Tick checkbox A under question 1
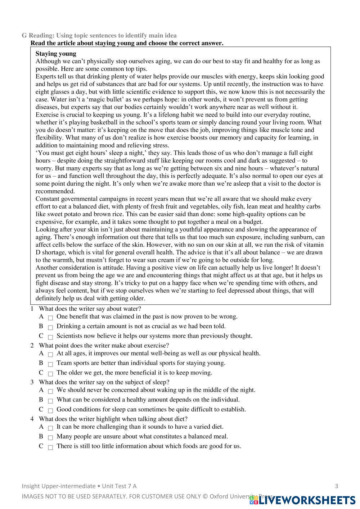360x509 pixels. (x=50, y=318)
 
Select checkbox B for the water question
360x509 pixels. (x=50, y=327)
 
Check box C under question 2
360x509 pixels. (x=50, y=374)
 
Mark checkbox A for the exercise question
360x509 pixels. (x=50, y=354)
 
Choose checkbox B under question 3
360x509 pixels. (x=50, y=401)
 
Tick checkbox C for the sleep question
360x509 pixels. (x=50, y=410)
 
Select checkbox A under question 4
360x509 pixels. (x=50, y=428)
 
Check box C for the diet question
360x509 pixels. (x=50, y=447)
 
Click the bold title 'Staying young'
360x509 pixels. (x=56, y=54)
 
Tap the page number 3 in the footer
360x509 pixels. (x=337, y=486)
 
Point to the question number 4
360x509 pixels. (x=32, y=419)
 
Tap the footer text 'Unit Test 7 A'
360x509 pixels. (x=119, y=486)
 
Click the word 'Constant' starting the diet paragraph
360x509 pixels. (x=48, y=199)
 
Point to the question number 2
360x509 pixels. (x=32, y=345)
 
